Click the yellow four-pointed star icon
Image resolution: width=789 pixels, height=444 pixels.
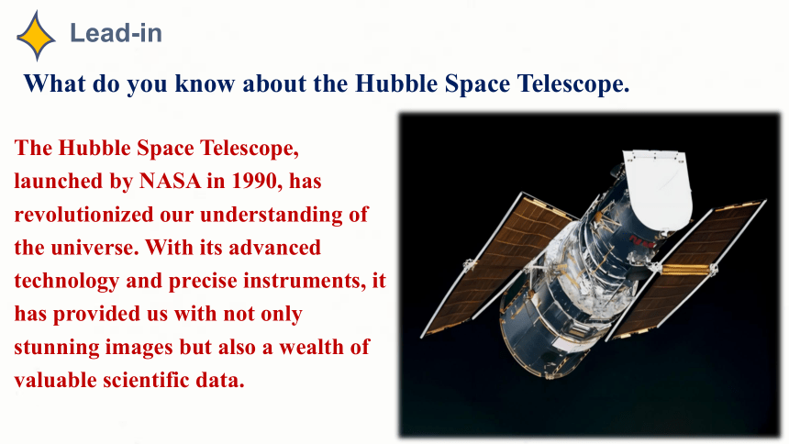pos(36,36)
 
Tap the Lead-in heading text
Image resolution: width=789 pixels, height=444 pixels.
pos(116,33)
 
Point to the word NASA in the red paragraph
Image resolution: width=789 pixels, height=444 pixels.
pos(170,181)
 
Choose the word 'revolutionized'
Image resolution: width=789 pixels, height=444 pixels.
pos(83,215)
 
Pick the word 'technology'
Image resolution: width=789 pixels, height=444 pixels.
pos(66,282)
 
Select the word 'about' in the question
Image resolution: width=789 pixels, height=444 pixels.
pos(274,83)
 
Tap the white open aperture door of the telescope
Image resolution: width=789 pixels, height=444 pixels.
pos(658,188)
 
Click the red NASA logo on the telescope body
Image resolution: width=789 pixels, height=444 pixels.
pos(640,243)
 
